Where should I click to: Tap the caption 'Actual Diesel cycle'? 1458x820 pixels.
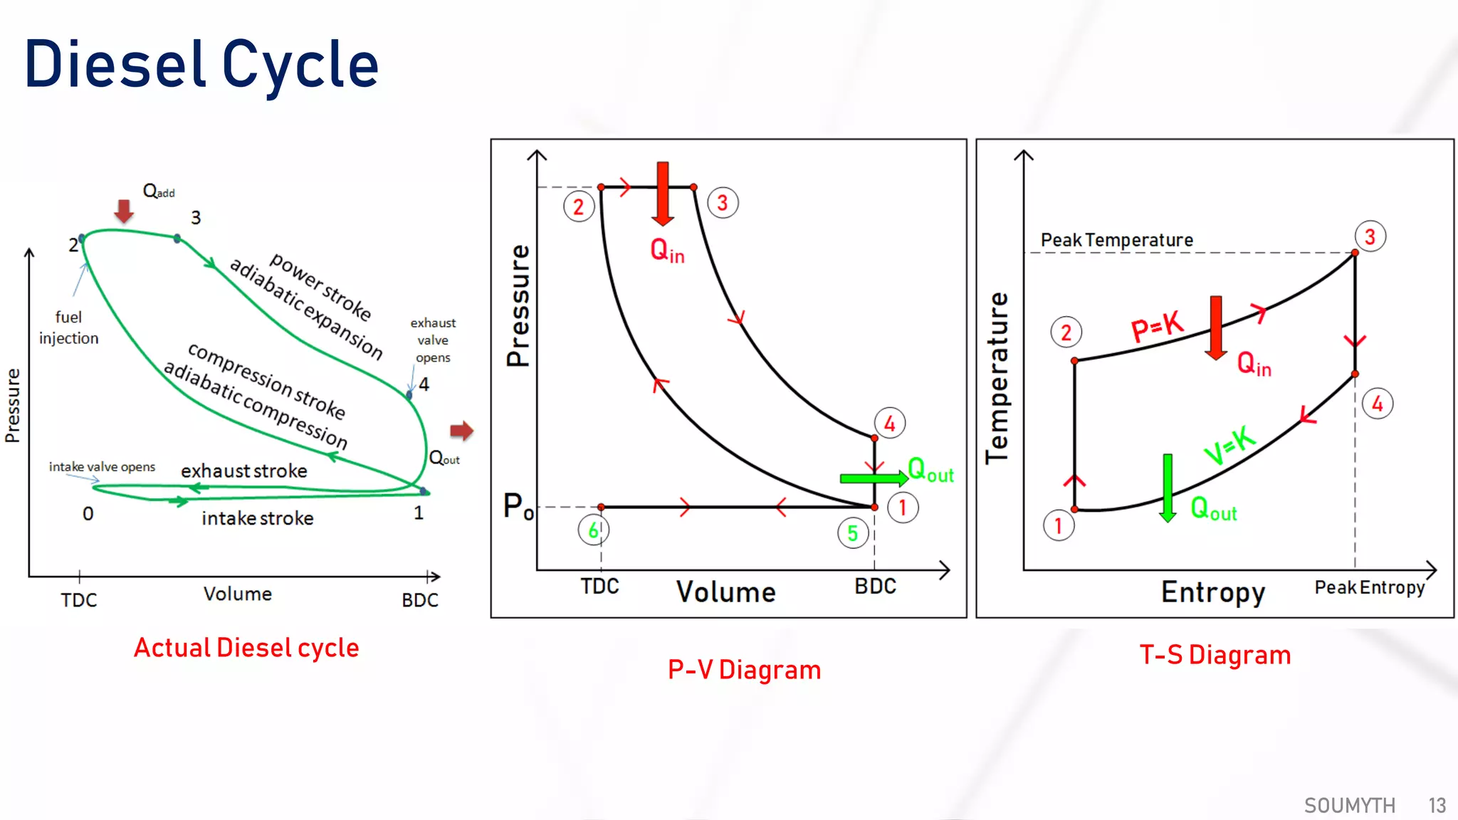coord(246,648)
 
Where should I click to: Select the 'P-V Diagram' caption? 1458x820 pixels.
coord(744,670)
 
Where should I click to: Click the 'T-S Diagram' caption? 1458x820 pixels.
coord(1215,655)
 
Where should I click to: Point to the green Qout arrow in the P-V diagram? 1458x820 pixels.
coord(873,478)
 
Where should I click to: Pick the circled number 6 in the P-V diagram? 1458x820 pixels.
coord(593,530)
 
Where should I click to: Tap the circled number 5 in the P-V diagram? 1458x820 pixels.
coord(852,533)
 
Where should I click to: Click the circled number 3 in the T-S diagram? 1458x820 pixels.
coord(1370,237)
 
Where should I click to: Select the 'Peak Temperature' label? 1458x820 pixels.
coord(1116,241)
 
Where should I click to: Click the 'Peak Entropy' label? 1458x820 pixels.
coord(1369,588)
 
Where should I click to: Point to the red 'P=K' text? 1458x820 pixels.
coord(1157,327)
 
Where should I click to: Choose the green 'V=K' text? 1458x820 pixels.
coord(1229,445)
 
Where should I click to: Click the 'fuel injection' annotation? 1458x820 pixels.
coord(68,327)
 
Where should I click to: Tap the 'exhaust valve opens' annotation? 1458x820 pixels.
coord(433,340)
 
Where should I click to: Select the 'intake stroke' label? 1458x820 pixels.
coord(257,518)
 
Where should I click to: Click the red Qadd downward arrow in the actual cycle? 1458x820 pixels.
coord(124,211)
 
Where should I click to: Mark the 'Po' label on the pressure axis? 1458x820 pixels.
coord(518,507)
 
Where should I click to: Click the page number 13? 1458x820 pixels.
coord(1437,805)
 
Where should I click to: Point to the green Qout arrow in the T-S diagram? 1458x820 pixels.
coord(1168,488)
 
